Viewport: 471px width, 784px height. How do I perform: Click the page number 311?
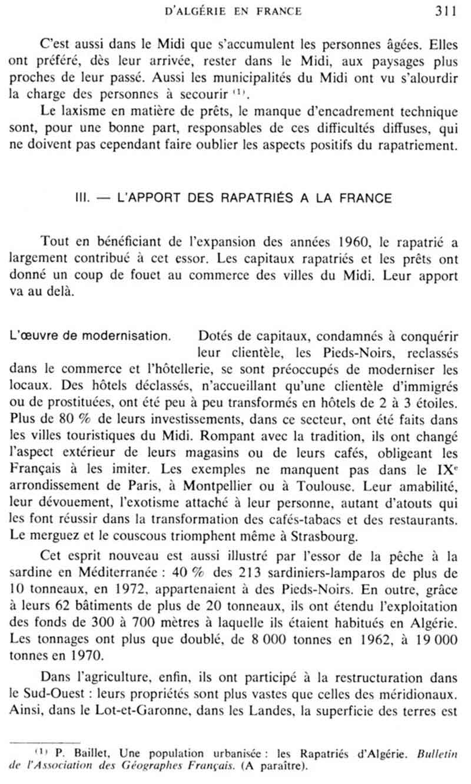click(x=446, y=10)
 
